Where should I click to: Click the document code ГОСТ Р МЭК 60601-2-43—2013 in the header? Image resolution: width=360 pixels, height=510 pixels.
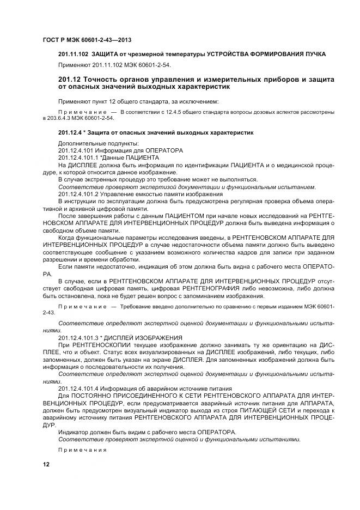coord(87,40)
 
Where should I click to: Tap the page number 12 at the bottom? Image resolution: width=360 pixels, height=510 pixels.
coord(46,464)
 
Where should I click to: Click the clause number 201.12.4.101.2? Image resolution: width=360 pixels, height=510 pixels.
coord(78,195)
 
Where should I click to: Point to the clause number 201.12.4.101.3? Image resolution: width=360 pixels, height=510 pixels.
coord(78,338)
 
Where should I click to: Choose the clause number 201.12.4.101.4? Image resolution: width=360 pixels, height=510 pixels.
coord(78,388)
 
